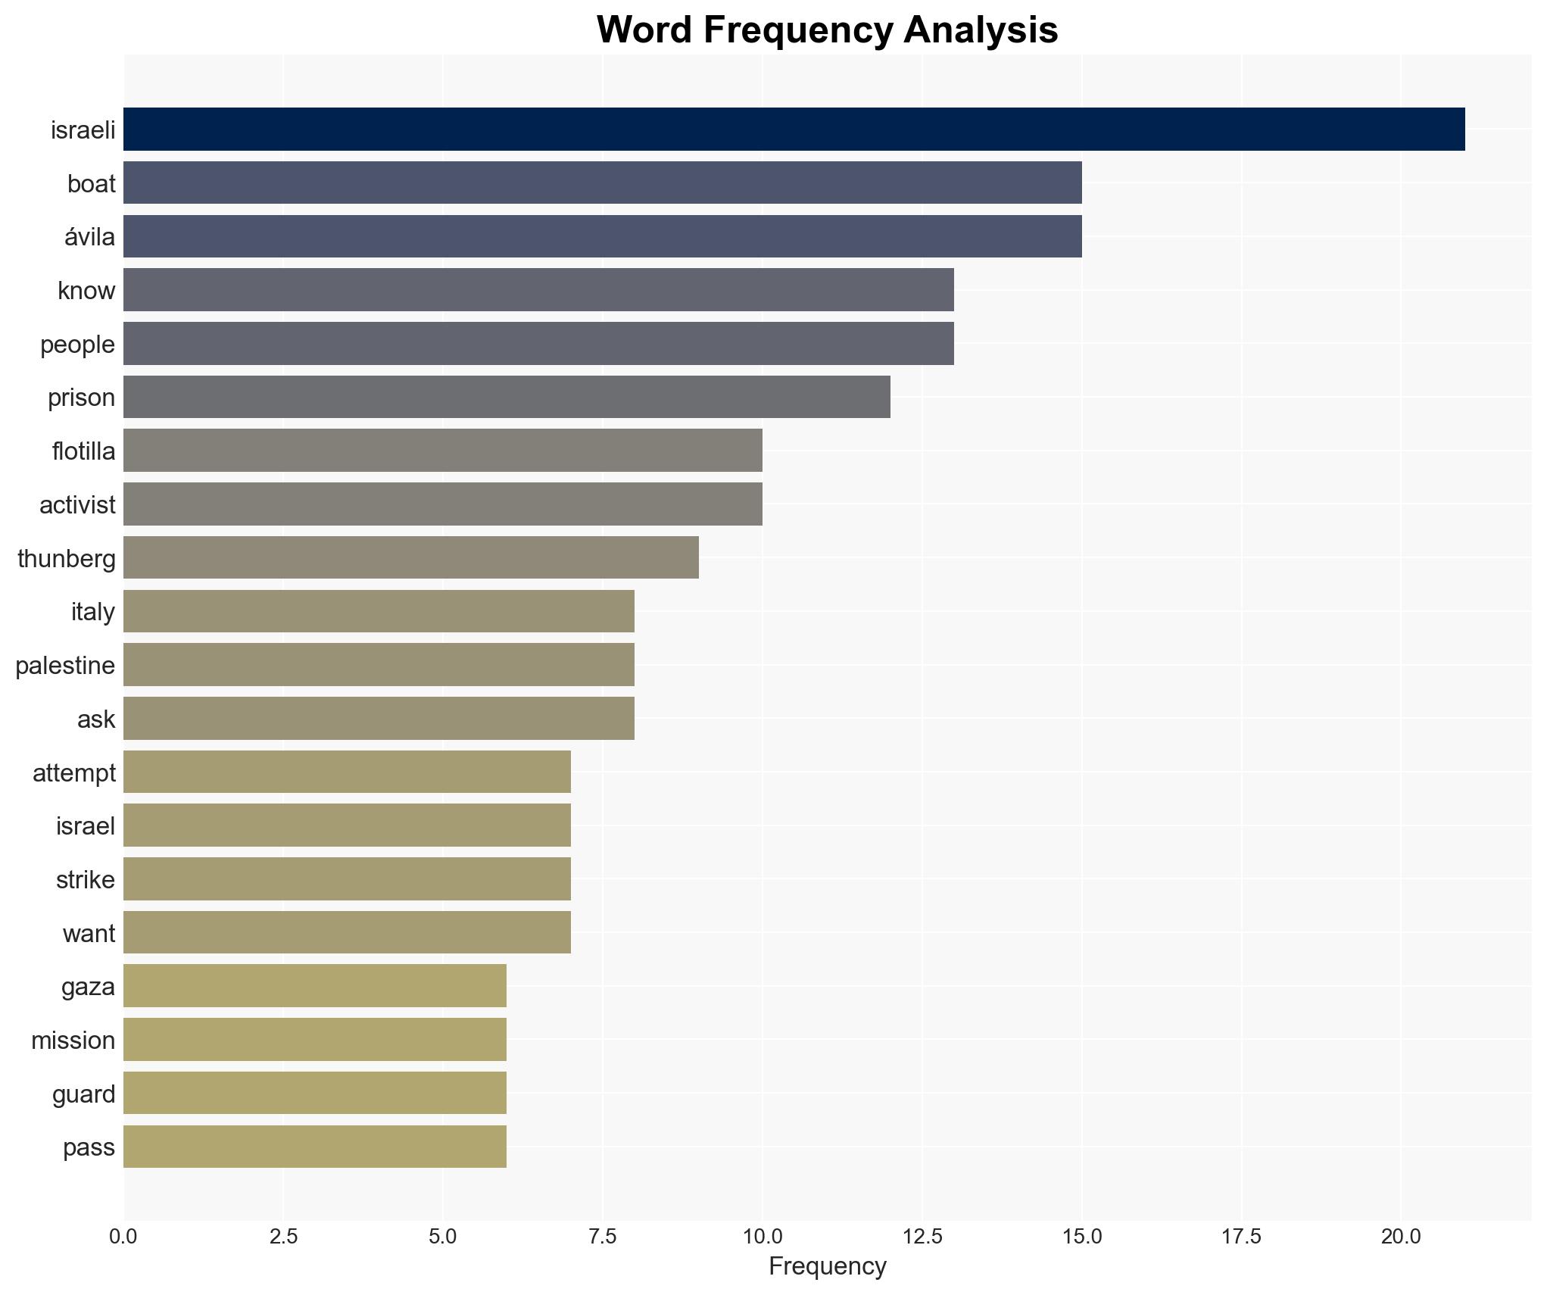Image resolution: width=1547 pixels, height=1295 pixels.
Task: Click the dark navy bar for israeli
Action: click(794, 129)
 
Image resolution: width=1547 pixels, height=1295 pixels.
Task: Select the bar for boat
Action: click(602, 183)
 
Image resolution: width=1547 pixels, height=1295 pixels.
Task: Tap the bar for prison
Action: click(507, 397)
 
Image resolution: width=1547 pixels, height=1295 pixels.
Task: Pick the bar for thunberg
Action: click(410, 557)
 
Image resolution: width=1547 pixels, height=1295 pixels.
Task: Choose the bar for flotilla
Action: click(442, 451)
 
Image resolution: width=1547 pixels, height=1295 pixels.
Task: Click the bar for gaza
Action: click(314, 986)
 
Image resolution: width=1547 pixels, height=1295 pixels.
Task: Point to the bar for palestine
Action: click(379, 665)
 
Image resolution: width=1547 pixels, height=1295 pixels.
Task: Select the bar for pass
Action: click(314, 1147)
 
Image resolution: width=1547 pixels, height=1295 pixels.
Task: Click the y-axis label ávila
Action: click(89, 237)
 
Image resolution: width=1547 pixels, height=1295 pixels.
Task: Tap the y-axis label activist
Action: click(77, 504)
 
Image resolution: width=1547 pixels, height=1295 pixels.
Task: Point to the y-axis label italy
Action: click(92, 611)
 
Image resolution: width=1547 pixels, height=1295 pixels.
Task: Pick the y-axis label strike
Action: click(85, 879)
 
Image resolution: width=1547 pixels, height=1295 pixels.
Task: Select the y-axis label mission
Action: click(73, 1040)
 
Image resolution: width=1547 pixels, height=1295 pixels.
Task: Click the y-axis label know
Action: click(86, 290)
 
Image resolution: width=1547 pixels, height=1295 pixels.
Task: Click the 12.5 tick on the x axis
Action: click(922, 1237)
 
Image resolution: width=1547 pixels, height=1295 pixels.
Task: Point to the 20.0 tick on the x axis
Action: click(1401, 1237)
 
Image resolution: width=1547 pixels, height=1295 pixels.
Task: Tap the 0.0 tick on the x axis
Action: click(123, 1237)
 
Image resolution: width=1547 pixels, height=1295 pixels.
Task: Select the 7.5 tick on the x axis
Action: click(603, 1237)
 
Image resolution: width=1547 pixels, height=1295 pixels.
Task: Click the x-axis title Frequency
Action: click(827, 1266)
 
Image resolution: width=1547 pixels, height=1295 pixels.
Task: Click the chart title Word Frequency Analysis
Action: click(827, 30)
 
